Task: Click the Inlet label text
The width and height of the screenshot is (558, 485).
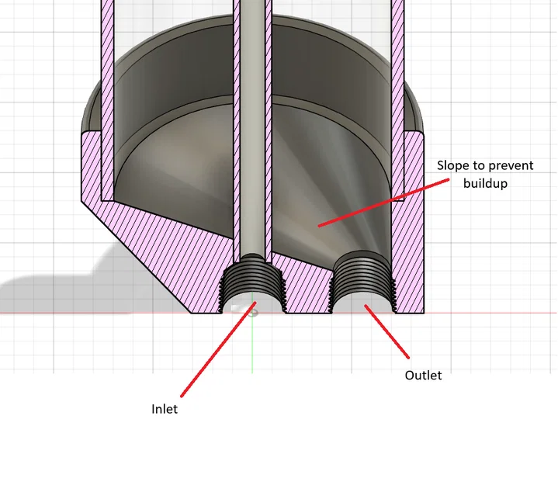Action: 165,409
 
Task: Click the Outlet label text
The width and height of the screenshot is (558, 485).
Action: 423,375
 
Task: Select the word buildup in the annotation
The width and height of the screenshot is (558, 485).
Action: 485,183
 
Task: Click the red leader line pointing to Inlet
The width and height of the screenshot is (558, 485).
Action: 219,349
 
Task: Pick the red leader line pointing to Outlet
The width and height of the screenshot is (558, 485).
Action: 386,331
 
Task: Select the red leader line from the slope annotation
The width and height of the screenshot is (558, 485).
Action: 383,203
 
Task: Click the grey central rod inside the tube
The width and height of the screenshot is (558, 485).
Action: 253,128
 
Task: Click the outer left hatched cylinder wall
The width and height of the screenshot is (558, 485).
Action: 107,100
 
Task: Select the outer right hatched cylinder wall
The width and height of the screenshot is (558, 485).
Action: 398,100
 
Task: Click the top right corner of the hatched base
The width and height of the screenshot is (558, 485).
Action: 424,133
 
